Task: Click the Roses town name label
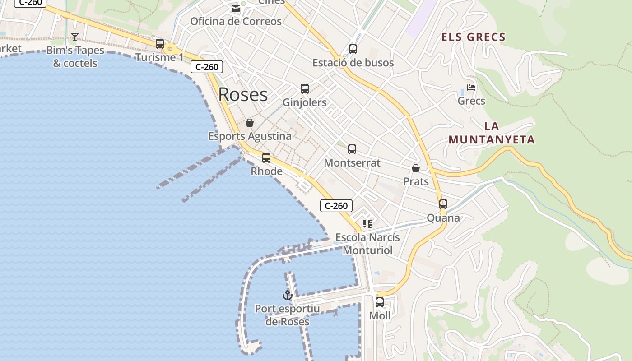click(x=243, y=94)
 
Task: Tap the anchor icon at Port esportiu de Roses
click(x=288, y=295)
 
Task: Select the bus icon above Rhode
click(x=266, y=157)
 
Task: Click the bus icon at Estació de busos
click(x=353, y=49)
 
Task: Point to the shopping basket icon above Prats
click(x=416, y=168)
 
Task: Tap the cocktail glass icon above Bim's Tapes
click(x=75, y=37)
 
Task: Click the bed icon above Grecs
click(x=471, y=88)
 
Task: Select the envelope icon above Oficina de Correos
click(x=235, y=9)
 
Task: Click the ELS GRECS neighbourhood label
click(x=473, y=37)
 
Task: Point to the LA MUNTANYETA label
click(x=492, y=133)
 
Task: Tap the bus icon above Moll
click(x=380, y=302)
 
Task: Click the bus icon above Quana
click(x=443, y=204)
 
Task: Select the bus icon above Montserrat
click(x=352, y=149)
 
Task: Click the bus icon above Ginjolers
click(x=305, y=89)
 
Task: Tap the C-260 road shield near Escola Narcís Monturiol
click(x=336, y=206)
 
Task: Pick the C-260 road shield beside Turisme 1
click(x=207, y=67)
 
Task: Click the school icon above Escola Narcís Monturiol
click(x=367, y=224)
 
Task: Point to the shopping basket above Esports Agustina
click(x=250, y=122)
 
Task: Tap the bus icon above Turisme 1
click(x=160, y=44)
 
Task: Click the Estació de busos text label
click(x=353, y=63)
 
